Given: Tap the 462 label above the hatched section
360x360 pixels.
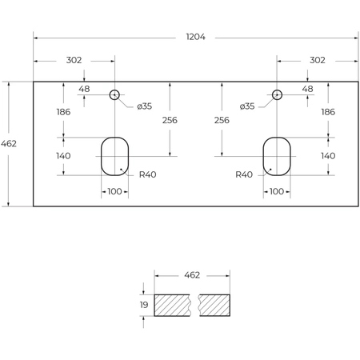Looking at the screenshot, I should pyautogui.click(x=192, y=275).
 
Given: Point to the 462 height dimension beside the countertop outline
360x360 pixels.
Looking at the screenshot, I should pyautogui.click(x=10, y=143).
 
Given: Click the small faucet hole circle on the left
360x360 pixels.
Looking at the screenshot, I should pyautogui.click(x=114, y=94).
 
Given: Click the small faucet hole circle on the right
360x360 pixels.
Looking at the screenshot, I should pyautogui.click(x=277, y=94).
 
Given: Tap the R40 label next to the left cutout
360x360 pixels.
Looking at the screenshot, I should pyautogui.click(x=147, y=174).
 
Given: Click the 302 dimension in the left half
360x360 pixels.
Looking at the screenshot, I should pyautogui.click(x=74, y=60).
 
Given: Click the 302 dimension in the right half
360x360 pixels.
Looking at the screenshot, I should pyautogui.click(x=317, y=60).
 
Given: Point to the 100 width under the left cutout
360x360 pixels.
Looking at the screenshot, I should pyautogui.click(x=114, y=191).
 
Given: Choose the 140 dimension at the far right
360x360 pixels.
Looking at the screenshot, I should pyautogui.click(x=327, y=156).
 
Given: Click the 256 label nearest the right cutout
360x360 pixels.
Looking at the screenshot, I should pyautogui.click(x=222, y=120).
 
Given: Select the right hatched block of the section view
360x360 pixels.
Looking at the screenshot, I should pyautogui.click(x=215, y=305).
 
